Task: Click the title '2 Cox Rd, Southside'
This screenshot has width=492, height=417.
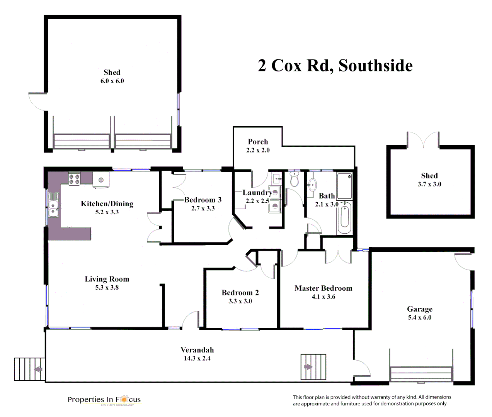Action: pos(335,66)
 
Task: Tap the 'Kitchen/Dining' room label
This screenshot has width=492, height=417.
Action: pos(107,204)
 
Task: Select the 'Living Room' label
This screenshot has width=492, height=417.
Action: pos(107,279)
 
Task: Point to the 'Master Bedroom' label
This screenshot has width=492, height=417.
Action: pos(323,288)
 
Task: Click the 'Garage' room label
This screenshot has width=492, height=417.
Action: pos(420,309)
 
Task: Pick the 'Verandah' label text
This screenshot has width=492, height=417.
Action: pos(197,350)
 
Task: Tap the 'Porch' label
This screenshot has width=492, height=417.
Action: pos(258,142)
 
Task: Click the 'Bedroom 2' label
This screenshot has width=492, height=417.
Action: pos(240,293)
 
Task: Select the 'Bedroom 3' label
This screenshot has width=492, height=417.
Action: pos(203,200)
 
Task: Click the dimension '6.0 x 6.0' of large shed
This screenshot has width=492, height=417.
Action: pos(112,81)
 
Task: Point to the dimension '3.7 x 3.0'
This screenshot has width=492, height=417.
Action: pos(429,184)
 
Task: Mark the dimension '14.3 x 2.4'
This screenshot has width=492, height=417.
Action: pos(197,359)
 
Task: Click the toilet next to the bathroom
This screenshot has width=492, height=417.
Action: pos(295,180)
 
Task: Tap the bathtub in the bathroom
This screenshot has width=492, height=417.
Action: pos(344,218)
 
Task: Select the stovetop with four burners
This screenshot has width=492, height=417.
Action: pos(74,179)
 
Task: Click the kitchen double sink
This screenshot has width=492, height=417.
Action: pos(53,209)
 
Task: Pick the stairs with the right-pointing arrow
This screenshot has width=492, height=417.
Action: pos(313,367)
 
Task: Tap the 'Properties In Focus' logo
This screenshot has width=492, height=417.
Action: pos(104,400)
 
